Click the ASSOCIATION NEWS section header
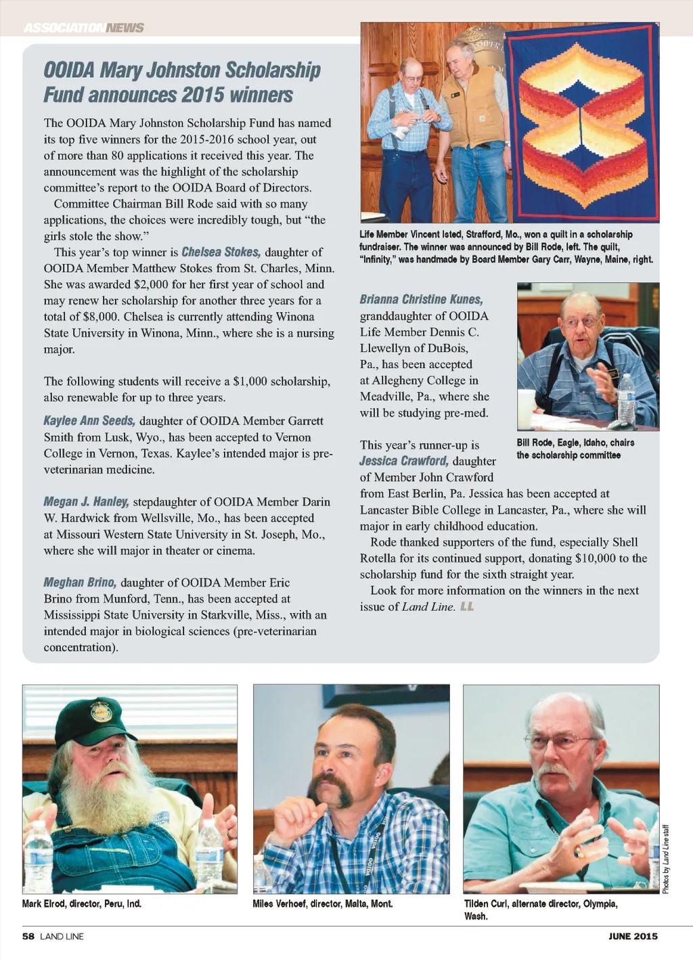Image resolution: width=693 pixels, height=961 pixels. tap(84, 28)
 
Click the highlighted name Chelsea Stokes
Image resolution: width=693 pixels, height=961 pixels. tap(221, 252)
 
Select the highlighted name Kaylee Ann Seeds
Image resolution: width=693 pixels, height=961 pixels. tap(89, 420)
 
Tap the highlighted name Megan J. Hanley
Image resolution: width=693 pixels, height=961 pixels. tap(86, 501)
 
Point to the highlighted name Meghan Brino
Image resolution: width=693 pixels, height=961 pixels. tap(80, 582)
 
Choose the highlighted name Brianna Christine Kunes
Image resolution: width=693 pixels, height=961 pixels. tap(421, 299)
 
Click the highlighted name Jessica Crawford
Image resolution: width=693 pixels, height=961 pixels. tap(403, 461)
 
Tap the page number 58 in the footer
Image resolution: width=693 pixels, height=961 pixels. tap(28, 937)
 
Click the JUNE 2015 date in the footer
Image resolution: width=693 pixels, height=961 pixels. tap(633, 937)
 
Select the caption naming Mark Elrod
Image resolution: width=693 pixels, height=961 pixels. tap(82, 903)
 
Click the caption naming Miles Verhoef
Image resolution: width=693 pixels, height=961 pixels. tap(322, 903)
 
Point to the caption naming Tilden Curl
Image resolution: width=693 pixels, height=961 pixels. tap(540, 909)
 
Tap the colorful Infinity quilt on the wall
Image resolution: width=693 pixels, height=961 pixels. tap(583, 122)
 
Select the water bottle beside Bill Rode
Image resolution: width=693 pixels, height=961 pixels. tap(626, 399)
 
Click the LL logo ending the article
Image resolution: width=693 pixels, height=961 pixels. tap(467, 606)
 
